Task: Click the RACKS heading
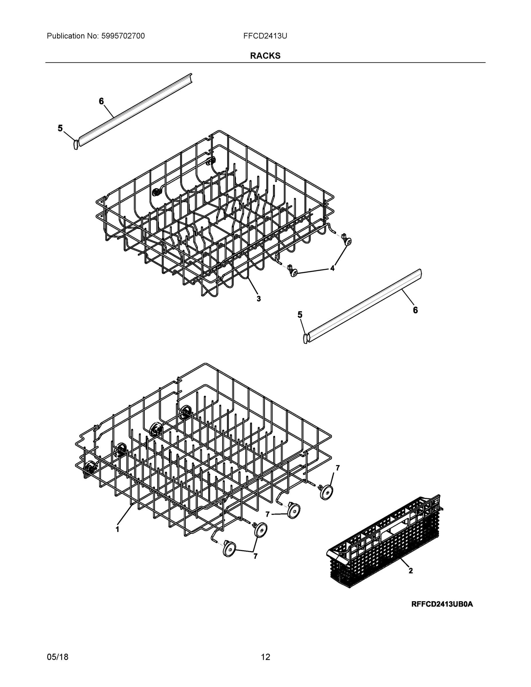pyautogui.click(x=265, y=56)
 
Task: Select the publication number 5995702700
pyautogui.click(x=123, y=36)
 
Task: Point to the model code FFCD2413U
pyautogui.click(x=265, y=36)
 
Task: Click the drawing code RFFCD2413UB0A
pyautogui.click(x=442, y=604)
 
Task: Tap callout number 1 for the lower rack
pyautogui.click(x=117, y=529)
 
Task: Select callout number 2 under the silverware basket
pyautogui.click(x=410, y=570)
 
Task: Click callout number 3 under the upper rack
pyautogui.click(x=258, y=299)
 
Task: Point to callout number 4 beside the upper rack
pyautogui.click(x=332, y=268)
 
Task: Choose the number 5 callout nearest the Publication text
pyautogui.click(x=60, y=128)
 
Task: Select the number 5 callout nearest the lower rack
pyautogui.click(x=300, y=315)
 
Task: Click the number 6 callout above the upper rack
pyautogui.click(x=101, y=101)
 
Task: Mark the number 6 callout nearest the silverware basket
pyautogui.click(x=415, y=310)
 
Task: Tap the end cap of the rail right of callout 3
pyautogui.click(x=305, y=339)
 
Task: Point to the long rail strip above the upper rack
pyautogui.click(x=135, y=110)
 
